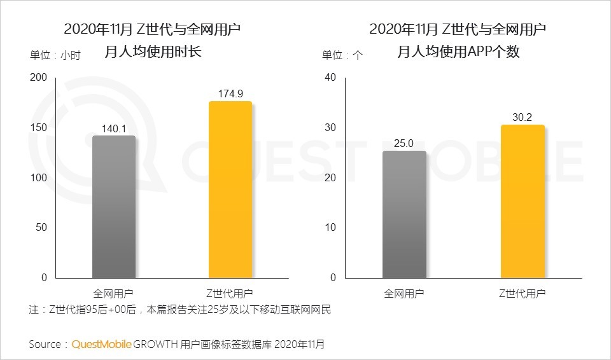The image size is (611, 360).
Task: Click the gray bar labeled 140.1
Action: [x=114, y=207]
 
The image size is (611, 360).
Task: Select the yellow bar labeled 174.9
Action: [x=230, y=190]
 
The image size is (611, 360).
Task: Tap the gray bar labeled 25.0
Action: [x=405, y=214]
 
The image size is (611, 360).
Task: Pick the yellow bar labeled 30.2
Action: [x=523, y=201]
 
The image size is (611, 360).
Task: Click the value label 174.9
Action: [x=230, y=93]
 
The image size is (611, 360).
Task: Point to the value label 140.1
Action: [x=114, y=128]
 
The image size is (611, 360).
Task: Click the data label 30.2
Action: [x=523, y=117]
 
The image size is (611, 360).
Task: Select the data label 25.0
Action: [x=405, y=143]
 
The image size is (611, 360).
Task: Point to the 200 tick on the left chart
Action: [x=39, y=78]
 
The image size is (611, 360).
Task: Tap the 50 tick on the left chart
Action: [x=41, y=228]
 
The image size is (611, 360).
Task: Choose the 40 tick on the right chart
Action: [x=330, y=78]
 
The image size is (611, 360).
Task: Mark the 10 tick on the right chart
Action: [x=330, y=228]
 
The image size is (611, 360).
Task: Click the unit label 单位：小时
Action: [x=55, y=55]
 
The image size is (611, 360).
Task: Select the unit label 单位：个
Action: [x=342, y=55]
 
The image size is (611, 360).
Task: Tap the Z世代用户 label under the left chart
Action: [x=230, y=293]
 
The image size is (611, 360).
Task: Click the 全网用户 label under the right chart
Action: [x=405, y=293]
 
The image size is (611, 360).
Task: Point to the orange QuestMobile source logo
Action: [x=102, y=344]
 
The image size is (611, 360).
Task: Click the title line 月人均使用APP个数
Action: [x=458, y=52]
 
